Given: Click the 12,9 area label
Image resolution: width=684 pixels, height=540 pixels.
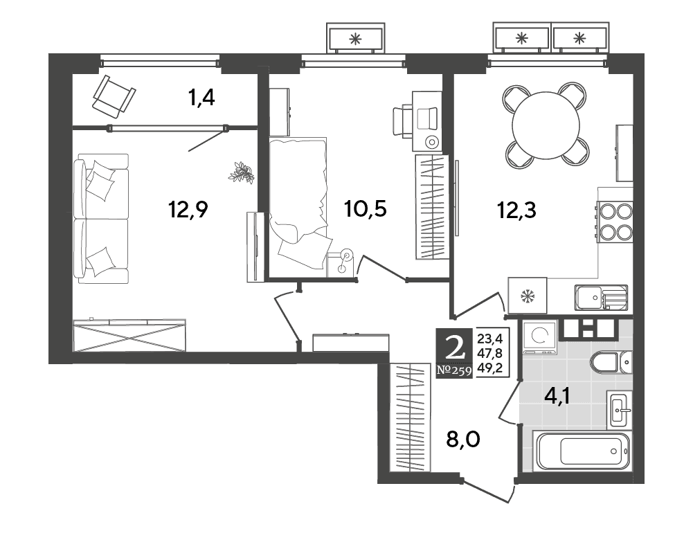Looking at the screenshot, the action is point(188,210).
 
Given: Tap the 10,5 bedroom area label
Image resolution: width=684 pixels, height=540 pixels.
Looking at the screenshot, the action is point(365,208).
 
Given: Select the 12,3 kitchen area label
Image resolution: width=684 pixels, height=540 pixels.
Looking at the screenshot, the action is point(516,210).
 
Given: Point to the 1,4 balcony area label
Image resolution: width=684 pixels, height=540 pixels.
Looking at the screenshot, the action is point(201,98).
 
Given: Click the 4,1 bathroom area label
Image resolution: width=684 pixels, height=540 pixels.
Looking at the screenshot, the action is point(558,397).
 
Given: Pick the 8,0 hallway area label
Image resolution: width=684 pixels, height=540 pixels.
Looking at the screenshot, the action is point(463,439).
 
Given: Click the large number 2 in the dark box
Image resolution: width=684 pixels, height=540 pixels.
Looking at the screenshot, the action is point(453,348).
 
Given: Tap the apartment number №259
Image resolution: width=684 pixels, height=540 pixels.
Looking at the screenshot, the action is point(453,371).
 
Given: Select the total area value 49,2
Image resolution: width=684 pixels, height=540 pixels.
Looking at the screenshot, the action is point(490,368).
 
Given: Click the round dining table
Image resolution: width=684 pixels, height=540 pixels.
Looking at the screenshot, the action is point(546,125).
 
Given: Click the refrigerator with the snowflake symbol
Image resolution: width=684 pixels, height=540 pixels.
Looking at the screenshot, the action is point(527,296).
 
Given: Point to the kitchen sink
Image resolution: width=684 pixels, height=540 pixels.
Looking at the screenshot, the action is point(601,298).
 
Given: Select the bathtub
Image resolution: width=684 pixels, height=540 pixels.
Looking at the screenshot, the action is point(581,451).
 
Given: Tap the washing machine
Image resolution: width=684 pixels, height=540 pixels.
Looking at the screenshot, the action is point(539,337).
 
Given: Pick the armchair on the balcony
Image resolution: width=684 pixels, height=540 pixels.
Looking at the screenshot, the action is point(114,96).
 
